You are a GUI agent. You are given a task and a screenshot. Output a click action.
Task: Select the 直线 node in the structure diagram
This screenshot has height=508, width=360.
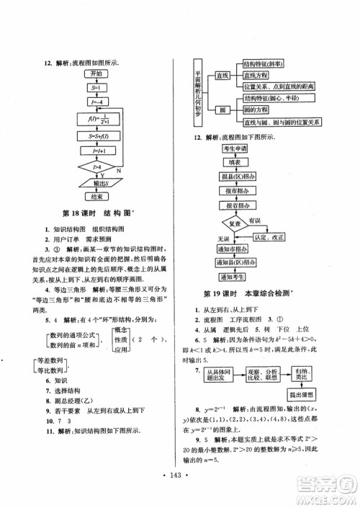(222, 75)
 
